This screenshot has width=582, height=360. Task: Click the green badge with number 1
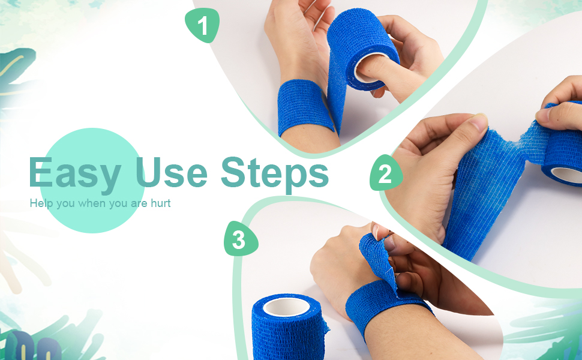tap(203, 26)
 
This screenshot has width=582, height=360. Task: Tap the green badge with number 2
tap(385, 173)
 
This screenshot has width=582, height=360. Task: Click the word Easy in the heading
tap(74, 173)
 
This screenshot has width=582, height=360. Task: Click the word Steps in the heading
tap(275, 173)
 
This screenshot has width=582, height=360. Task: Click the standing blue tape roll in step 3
tap(287, 330)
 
